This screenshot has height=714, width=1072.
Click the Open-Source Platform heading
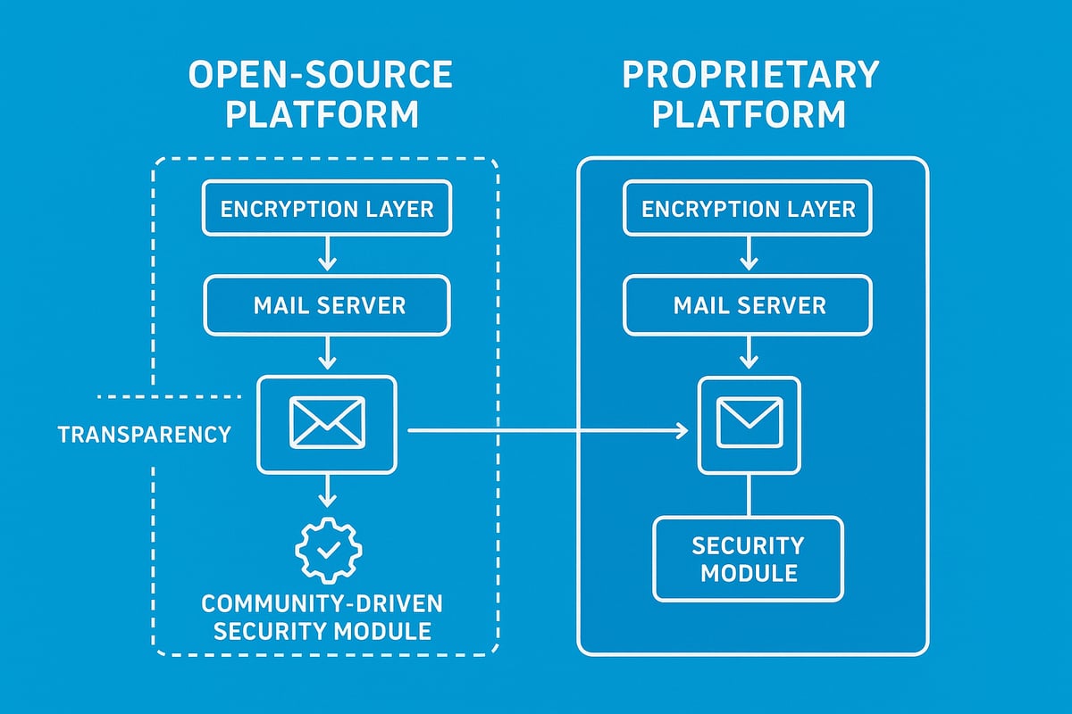pyautogui.click(x=321, y=95)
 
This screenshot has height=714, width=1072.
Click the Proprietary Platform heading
pyautogui.click(x=750, y=95)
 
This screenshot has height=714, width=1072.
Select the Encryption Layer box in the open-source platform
pyautogui.click(x=327, y=209)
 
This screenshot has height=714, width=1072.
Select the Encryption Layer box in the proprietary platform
pyautogui.click(x=749, y=209)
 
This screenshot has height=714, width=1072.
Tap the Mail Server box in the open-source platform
pyautogui.click(x=327, y=305)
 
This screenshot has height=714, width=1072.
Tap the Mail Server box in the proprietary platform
pyautogui.click(x=749, y=305)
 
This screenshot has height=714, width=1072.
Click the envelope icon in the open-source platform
pyautogui.click(x=327, y=423)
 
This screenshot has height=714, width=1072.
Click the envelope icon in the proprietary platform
pyautogui.click(x=749, y=423)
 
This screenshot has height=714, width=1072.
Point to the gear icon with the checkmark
pyautogui.click(x=327, y=551)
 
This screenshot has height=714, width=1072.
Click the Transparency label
pyautogui.click(x=144, y=435)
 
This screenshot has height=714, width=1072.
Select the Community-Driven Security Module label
pyautogui.click(x=322, y=617)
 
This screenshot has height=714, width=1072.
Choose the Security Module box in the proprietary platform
pyautogui.click(x=749, y=559)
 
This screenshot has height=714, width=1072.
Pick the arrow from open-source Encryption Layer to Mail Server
pyautogui.click(x=327, y=253)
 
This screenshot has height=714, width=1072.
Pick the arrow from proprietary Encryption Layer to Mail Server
pyautogui.click(x=749, y=253)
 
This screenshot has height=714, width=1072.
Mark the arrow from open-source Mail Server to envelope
pyautogui.click(x=327, y=353)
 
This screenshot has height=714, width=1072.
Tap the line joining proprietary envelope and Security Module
pyautogui.click(x=749, y=494)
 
